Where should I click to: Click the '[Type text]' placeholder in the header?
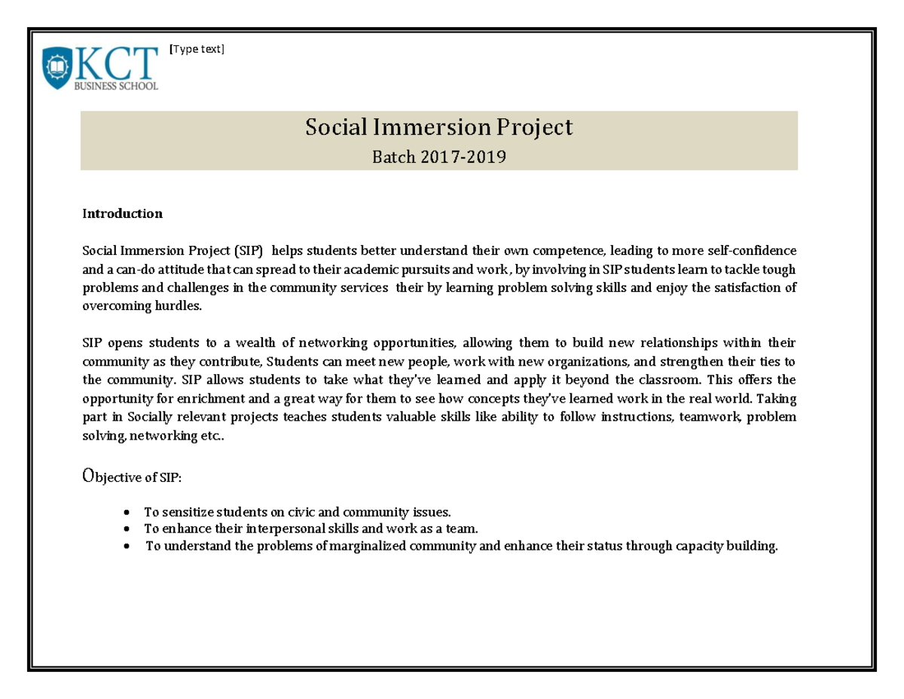[x=197, y=50]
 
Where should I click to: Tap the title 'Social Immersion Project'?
[x=438, y=127]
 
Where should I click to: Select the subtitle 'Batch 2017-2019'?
[x=438, y=157]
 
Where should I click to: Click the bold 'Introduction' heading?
[x=122, y=213]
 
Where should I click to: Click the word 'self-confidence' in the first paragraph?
[x=753, y=250]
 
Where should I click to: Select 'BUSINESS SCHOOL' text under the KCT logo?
[x=115, y=87]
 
